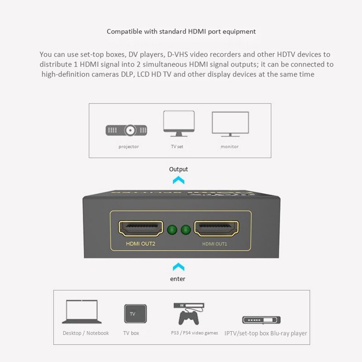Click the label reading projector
tap(129, 147)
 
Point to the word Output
tap(178, 169)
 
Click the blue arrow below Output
tap(179, 180)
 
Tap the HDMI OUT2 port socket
tap(141, 229)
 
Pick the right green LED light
tap(185, 230)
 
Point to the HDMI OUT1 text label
tap(214, 244)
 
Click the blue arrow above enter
tap(179, 267)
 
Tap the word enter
tap(178, 279)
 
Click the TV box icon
tap(136, 314)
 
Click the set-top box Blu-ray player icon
tap(261, 320)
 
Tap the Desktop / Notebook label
tap(86, 333)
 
